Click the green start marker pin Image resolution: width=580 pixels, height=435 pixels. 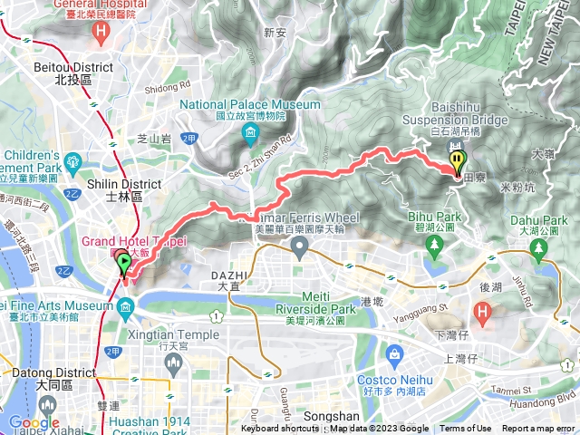point(124,264)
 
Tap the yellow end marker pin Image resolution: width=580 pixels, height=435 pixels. point(458,163)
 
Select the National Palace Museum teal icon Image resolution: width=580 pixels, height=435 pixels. point(250,137)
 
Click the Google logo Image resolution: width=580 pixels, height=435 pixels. point(34,423)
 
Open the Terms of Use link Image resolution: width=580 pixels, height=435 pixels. point(466,429)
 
